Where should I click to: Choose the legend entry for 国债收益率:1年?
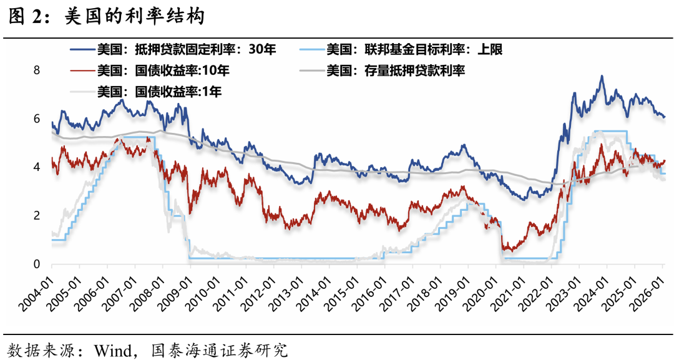[160, 92]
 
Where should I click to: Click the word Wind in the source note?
[110, 348]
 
